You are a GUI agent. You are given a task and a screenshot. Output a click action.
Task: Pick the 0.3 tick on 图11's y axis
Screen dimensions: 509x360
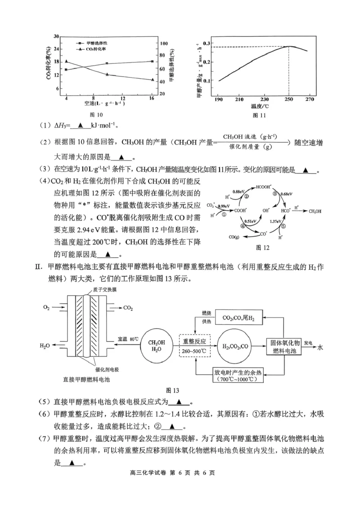tap(207, 43)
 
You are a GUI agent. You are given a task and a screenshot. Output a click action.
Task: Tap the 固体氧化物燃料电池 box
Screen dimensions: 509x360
tap(281, 346)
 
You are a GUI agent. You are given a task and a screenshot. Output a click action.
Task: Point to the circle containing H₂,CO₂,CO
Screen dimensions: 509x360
tap(234, 346)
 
